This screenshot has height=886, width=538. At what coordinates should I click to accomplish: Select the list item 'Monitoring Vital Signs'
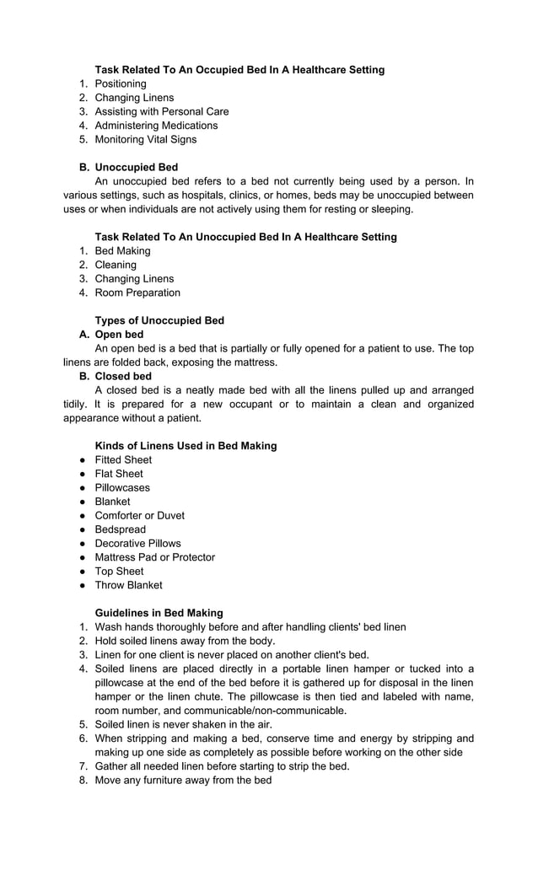pos(145,139)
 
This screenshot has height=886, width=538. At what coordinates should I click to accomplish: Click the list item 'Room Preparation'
pos(137,293)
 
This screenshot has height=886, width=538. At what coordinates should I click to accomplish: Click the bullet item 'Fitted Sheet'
pos(123,459)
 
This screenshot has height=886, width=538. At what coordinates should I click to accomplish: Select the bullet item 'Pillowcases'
pos(122,487)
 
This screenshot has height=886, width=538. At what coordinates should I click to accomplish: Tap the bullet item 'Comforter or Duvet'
pos(139,515)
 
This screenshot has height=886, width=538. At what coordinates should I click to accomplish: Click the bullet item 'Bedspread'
pos(120,529)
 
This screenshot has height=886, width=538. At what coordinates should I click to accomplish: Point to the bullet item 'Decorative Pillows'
pos(137,543)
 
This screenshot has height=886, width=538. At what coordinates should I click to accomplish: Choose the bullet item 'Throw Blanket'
pos(128,585)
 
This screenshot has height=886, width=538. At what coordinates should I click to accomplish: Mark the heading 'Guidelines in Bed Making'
pos(159,613)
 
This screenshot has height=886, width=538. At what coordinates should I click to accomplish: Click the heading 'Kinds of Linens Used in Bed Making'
pos(186,446)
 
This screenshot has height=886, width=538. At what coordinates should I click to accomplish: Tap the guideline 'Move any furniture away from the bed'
pos(183,780)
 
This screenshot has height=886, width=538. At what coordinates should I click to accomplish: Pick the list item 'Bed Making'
pos(122,250)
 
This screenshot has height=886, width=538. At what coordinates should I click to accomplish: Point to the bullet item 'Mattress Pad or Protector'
pos(154,557)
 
